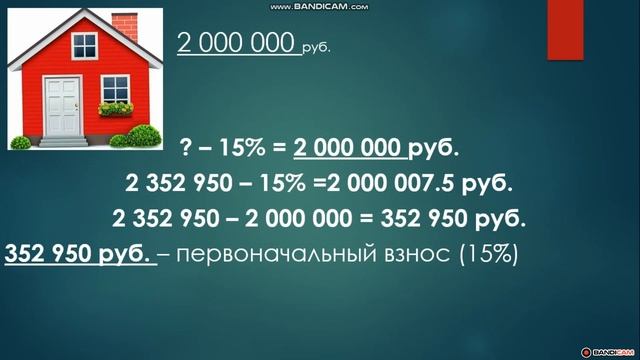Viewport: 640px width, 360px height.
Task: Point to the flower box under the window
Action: (x=116, y=107)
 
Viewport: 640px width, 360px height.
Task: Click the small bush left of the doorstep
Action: (x=21, y=141)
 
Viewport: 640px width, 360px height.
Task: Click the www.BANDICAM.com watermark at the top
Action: (x=319, y=6)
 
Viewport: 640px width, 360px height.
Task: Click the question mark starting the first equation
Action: (x=186, y=149)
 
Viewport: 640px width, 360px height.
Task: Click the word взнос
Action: (x=416, y=253)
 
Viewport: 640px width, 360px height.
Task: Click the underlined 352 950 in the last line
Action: (x=52, y=253)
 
